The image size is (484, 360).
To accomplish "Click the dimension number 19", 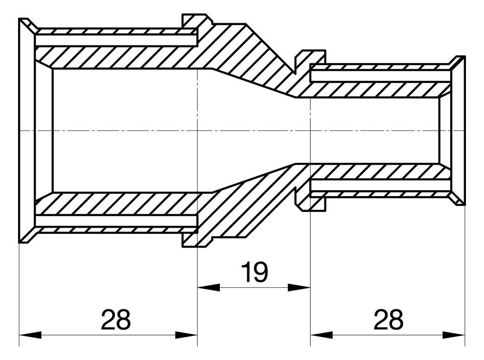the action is click(254, 273).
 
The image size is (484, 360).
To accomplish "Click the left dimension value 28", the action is click(116, 320).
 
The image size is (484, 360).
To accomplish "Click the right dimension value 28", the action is click(388, 320).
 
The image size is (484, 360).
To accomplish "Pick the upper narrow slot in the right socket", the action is click(380, 75).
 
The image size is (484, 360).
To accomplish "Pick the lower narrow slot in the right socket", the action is click(380, 186).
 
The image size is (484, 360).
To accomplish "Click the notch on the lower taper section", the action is click(296, 194).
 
